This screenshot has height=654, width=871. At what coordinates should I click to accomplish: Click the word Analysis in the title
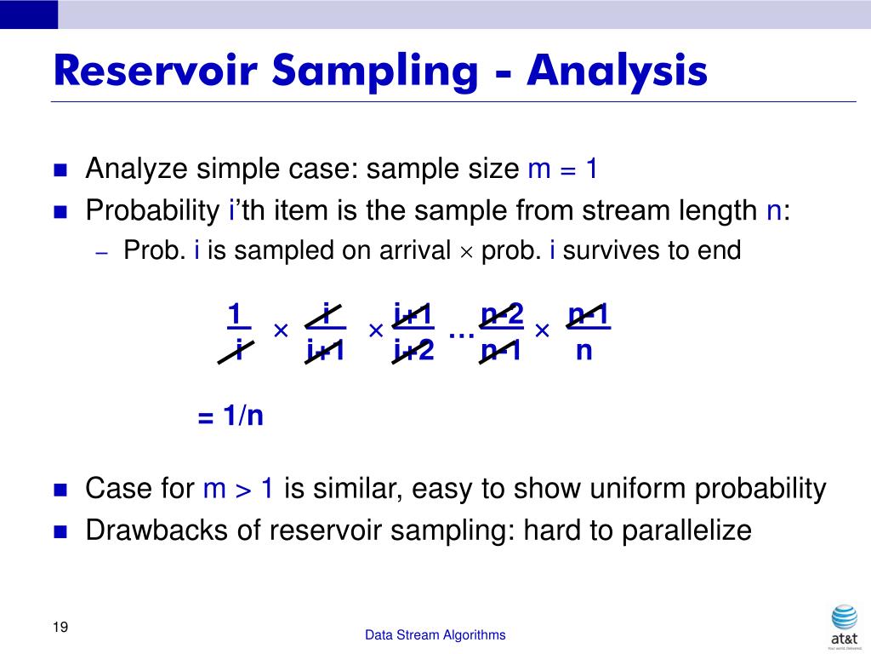[x=617, y=71]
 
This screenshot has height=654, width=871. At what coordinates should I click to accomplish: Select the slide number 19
[x=60, y=628]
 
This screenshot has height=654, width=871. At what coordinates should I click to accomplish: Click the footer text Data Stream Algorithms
[x=435, y=634]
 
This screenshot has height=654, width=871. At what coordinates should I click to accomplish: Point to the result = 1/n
[x=231, y=416]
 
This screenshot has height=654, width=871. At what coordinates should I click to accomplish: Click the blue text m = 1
[x=563, y=169]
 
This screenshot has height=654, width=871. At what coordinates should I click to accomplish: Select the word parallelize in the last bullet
[x=686, y=531]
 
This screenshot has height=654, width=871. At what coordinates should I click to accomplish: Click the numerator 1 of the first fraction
[x=236, y=314]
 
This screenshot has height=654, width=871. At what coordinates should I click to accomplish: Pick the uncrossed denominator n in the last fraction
[x=584, y=350]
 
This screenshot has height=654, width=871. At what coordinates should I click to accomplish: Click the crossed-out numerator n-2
[x=502, y=314]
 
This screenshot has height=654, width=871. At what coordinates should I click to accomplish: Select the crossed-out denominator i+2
[x=413, y=350]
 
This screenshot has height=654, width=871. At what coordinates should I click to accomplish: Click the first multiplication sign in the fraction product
[x=281, y=330]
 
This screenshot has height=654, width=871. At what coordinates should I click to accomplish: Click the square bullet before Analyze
[x=60, y=169]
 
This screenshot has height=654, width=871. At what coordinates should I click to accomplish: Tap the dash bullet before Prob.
[x=101, y=252]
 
